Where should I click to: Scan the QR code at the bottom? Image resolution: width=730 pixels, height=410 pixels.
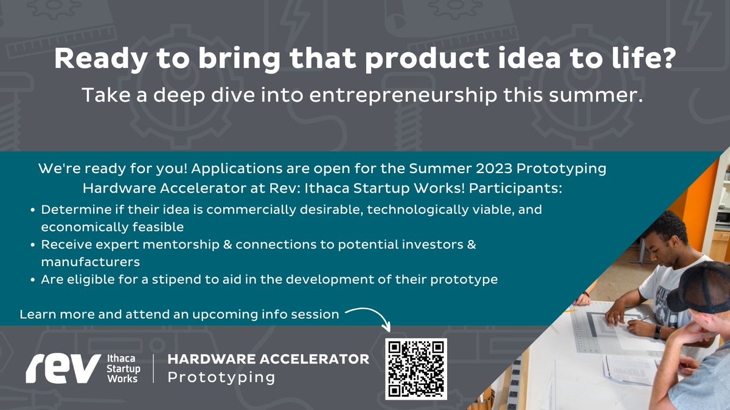click(416, 369)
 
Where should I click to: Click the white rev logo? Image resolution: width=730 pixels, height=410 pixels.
click(63, 368)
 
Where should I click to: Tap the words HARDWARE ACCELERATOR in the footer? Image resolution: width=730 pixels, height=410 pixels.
click(268, 358)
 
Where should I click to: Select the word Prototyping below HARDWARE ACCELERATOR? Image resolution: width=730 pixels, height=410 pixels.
click(221, 377)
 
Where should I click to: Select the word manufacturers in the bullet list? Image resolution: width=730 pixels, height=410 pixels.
click(91, 262)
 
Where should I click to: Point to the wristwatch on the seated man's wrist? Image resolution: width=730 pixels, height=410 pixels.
click(658, 332)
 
